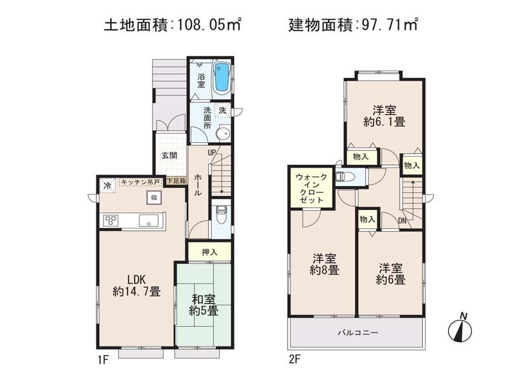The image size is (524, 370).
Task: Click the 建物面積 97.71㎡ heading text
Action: tap(353, 26)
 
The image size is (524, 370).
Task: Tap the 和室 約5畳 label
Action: tap(204, 305)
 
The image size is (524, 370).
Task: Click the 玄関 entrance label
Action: tap(168, 155)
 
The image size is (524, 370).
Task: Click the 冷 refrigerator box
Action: tap(107, 186)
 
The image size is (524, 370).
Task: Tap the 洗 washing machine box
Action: tap(222, 110)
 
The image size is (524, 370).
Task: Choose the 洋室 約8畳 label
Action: tap(325, 264)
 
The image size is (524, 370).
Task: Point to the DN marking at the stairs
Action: tap(402, 221)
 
